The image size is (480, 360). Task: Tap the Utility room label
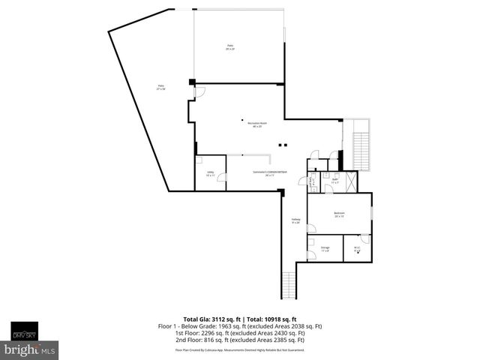[x=210, y=174]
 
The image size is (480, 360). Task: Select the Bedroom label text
[x=338, y=215]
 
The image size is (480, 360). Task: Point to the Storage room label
[x=325, y=249]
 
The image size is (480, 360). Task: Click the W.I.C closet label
[x=357, y=249]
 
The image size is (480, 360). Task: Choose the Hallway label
[x=296, y=221]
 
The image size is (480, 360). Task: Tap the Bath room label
[x=335, y=181]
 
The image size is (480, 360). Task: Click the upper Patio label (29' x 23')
[x=230, y=48]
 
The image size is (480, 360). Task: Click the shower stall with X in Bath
[x=351, y=181]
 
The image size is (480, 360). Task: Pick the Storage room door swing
[x=311, y=241]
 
